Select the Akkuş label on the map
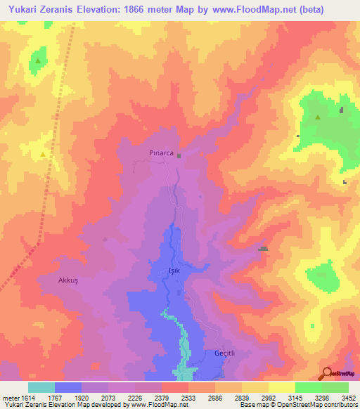click(x=71, y=280)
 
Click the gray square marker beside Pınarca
click(x=179, y=156)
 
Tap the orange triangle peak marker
click(x=44, y=154)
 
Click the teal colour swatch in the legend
click(x=41, y=387)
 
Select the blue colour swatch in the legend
click(x=68, y=387)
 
